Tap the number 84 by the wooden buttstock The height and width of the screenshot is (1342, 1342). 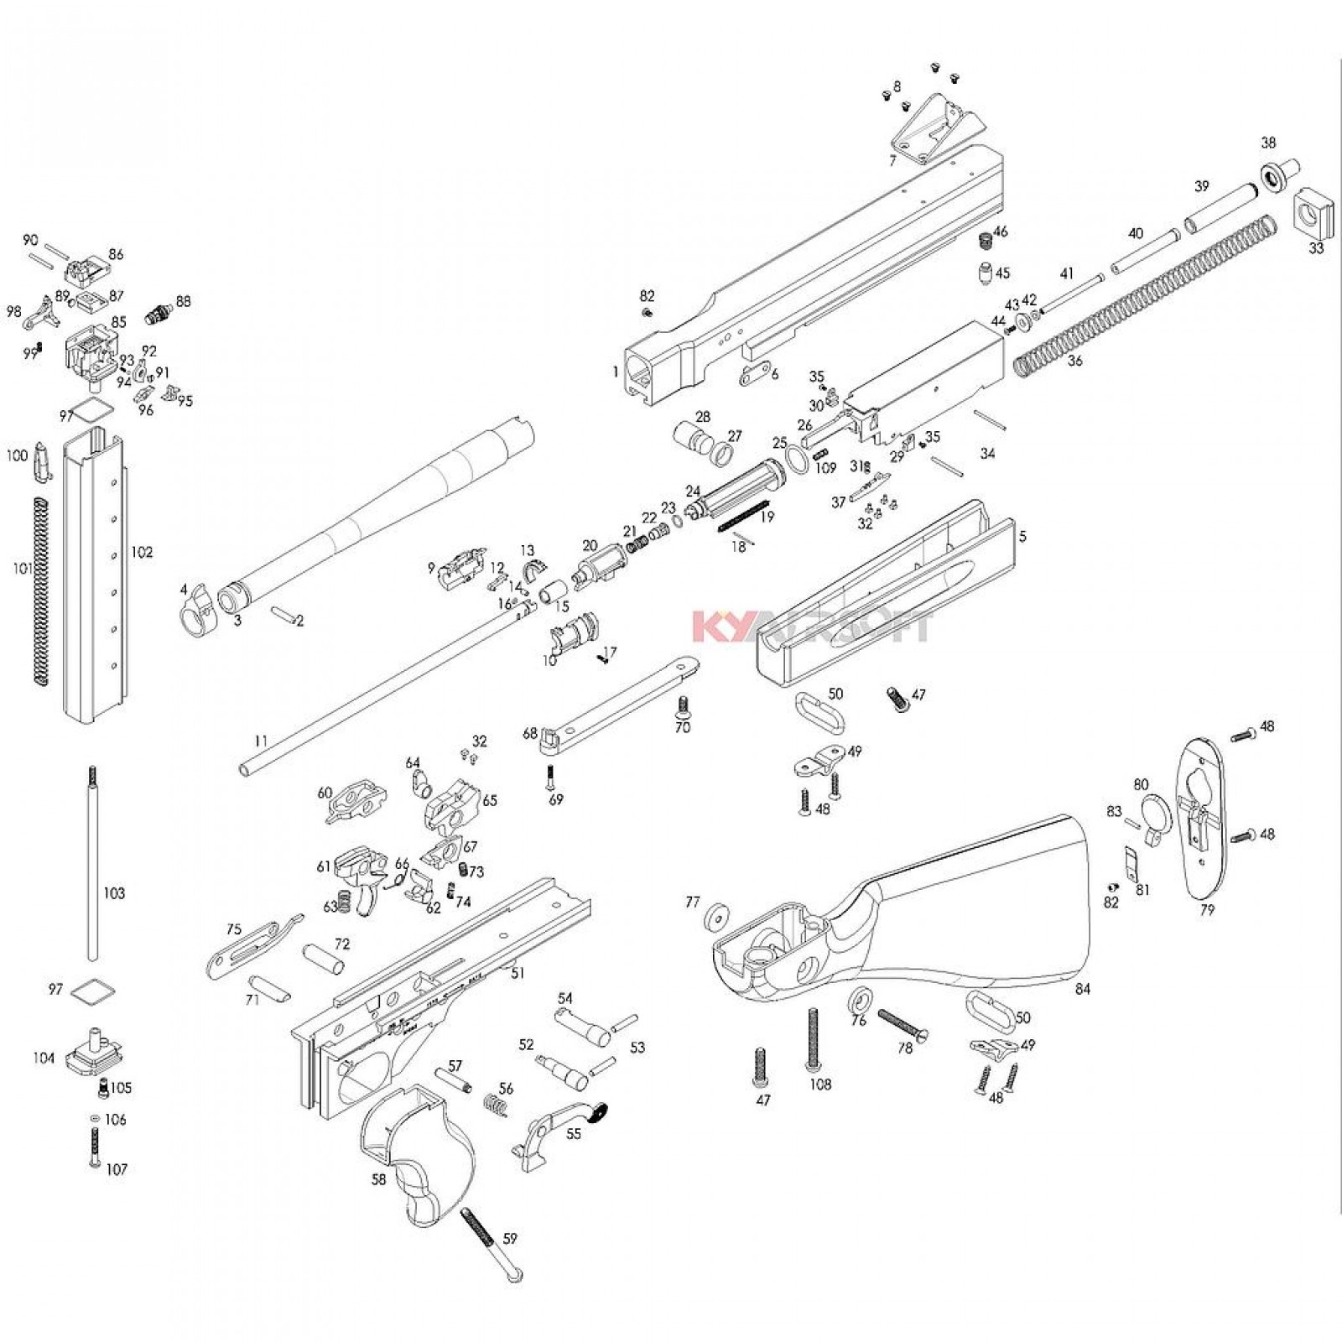[1083, 990]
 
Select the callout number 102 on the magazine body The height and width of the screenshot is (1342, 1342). [142, 553]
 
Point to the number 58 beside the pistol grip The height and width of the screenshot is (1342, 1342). [378, 1179]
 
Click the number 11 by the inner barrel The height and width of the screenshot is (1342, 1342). [261, 741]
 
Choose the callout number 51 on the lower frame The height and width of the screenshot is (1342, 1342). [518, 973]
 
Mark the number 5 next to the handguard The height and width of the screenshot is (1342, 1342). [1022, 536]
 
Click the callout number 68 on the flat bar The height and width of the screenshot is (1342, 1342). [529, 734]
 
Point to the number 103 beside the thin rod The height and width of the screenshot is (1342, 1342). [114, 893]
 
